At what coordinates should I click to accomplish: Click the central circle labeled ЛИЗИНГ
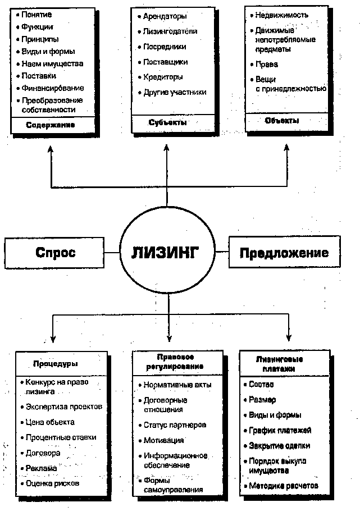coord(168,252)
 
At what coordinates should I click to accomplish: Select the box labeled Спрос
coord(56,253)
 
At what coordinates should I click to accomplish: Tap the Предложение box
coord(284,253)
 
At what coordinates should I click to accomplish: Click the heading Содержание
coord(51,125)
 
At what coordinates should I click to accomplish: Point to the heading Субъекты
coord(168,122)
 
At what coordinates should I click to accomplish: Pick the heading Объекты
coord(282,121)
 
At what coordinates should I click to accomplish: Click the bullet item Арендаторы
coord(165,17)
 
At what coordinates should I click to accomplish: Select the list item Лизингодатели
coord(170,31)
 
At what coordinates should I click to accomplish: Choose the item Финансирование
coord(53,88)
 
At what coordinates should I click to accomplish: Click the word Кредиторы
coord(162,77)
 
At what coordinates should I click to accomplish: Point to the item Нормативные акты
coord(170,386)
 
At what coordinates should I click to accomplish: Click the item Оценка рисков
coord(53,482)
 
